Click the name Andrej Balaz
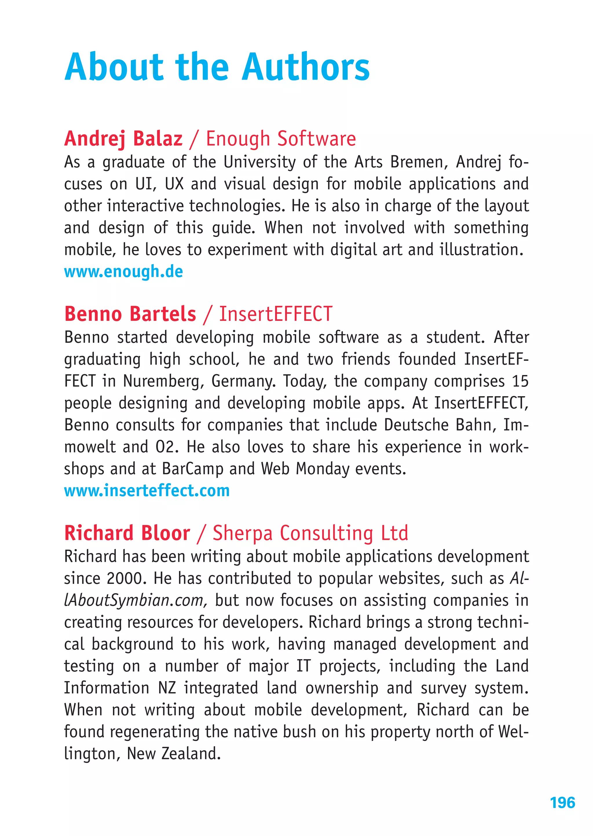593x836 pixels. coord(123,139)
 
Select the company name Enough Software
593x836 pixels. coord(281,139)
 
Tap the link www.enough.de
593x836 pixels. coord(123,272)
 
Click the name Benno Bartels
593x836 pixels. coord(130,314)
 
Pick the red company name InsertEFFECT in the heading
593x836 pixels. coord(276,314)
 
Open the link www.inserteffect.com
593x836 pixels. coord(147,491)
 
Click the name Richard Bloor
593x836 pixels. coord(127,533)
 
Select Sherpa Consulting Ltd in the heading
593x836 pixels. coord(310,533)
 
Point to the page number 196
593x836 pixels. coord(562,803)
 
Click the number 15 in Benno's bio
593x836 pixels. coord(520,381)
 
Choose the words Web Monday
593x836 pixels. coord(305,469)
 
